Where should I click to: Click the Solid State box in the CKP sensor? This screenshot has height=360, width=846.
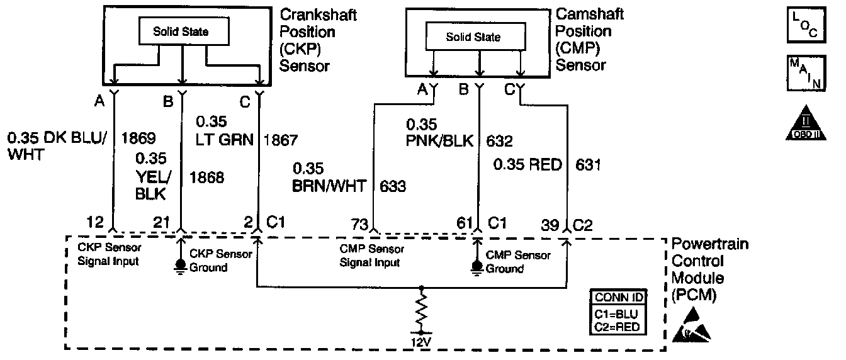click(x=181, y=31)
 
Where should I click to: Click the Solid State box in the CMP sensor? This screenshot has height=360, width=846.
click(x=473, y=37)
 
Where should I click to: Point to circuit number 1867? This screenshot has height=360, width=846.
click(x=281, y=140)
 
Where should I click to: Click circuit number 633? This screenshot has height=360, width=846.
click(x=393, y=186)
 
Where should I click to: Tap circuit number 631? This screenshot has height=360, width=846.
click(x=589, y=165)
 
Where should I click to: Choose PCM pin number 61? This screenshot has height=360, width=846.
click(x=465, y=223)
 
